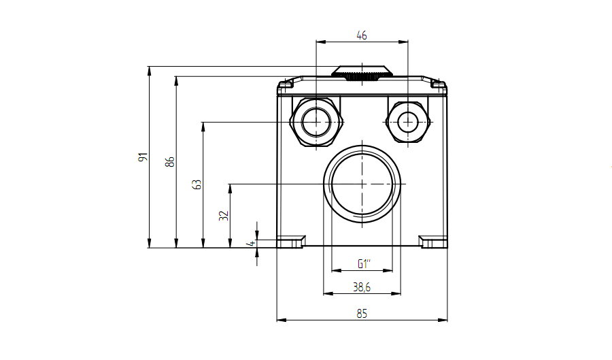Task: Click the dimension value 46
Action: (x=362, y=35)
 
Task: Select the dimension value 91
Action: (x=143, y=157)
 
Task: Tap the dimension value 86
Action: (x=170, y=162)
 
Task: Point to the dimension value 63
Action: (x=197, y=184)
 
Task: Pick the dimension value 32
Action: (x=224, y=216)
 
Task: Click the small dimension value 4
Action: (x=252, y=243)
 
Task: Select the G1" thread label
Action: (x=363, y=264)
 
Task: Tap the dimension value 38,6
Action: (x=362, y=288)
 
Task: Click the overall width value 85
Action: (x=362, y=314)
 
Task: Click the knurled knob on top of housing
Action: (x=362, y=73)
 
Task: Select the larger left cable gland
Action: (x=316, y=122)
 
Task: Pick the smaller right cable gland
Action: (x=408, y=122)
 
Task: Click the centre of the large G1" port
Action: (x=362, y=184)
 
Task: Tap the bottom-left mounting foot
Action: (x=291, y=242)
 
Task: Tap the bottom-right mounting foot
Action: (x=433, y=242)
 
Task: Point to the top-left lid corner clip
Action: (x=287, y=84)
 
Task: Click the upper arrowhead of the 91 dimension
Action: (x=149, y=70)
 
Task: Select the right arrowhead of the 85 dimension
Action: (x=443, y=320)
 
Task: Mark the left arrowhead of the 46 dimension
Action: (x=320, y=42)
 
